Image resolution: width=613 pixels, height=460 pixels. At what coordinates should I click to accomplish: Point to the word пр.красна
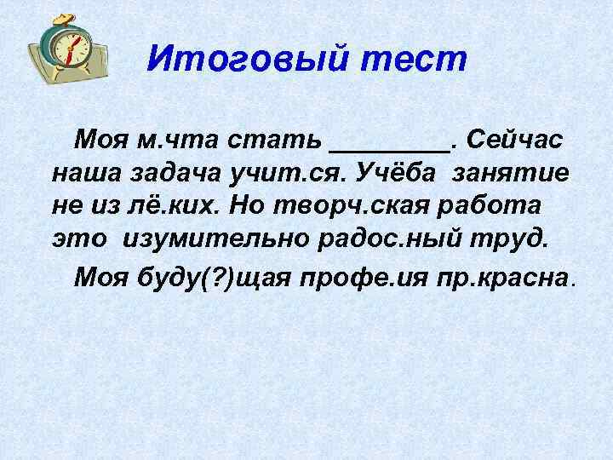pyautogui.click(x=516, y=279)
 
